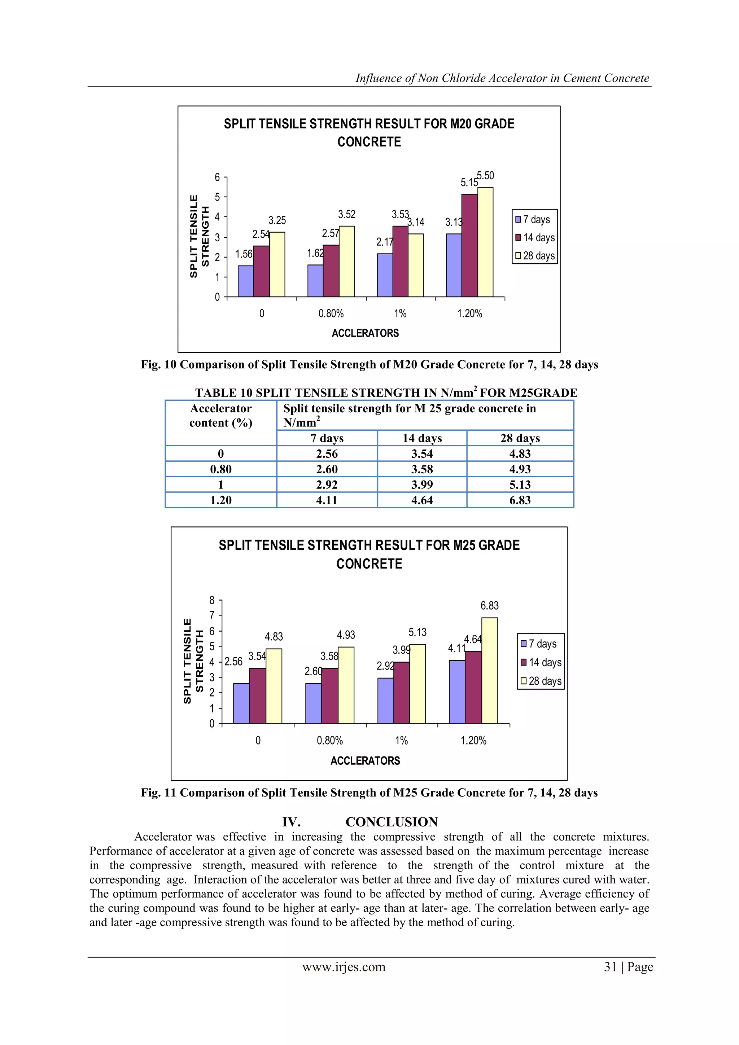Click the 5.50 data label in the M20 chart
pyautogui.click(x=485, y=176)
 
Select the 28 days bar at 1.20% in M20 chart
pyautogui.click(x=485, y=242)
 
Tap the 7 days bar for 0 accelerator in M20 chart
pyautogui.click(x=245, y=281)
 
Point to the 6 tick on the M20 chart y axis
pyautogui.click(x=218, y=177)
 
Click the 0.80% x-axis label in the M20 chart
pyautogui.click(x=331, y=313)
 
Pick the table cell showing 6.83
pyautogui.click(x=520, y=500)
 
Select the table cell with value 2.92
pyautogui.click(x=327, y=485)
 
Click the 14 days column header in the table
pyautogui.click(x=422, y=438)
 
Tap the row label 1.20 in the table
pyautogui.click(x=221, y=500)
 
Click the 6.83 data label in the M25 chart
pyautogui.click(x=490, y=606)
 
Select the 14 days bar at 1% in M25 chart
pyautogui.click(x=401, y=693)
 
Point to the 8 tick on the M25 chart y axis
pyautogui.click(x=212, y=600)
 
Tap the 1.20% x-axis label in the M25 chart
pyautogui.click(x=473, y=741)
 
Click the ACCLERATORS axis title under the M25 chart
pyautogui.click(x=365, y=760)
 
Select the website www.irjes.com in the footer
pyautogui.click(x=344, y=967)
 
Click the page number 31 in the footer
pyautogui.click(x=611, y=967)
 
